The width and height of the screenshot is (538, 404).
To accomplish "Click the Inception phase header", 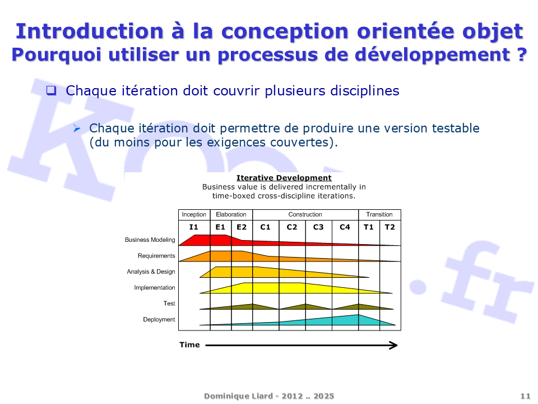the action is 194,214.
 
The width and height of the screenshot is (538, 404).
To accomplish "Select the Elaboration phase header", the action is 231,214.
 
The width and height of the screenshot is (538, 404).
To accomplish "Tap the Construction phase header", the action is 305,214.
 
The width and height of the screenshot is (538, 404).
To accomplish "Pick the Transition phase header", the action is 379,214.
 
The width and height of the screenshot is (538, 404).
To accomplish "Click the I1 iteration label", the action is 193,227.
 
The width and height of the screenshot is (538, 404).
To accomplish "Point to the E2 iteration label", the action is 242,227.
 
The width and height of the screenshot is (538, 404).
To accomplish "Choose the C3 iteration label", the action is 318,227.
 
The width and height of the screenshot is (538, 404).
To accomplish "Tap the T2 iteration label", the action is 390,227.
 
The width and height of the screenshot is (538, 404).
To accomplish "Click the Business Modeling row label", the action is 150,240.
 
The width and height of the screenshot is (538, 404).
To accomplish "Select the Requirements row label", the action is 156,256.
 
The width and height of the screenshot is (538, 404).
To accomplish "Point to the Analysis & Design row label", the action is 151,272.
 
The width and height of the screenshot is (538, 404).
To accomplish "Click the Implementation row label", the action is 155,287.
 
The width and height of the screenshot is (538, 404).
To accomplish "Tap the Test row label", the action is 169,304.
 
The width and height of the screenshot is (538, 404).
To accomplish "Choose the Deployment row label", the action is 159,319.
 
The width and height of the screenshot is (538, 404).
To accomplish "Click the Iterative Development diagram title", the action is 284,178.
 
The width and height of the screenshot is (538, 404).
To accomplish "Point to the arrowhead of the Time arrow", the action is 397,345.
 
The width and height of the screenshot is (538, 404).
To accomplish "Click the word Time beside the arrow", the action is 189,345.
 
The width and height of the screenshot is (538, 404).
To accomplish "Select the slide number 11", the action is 525,396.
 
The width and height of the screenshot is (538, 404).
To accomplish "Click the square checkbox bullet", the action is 51,90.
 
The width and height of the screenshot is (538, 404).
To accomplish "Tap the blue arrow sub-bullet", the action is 77,128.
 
